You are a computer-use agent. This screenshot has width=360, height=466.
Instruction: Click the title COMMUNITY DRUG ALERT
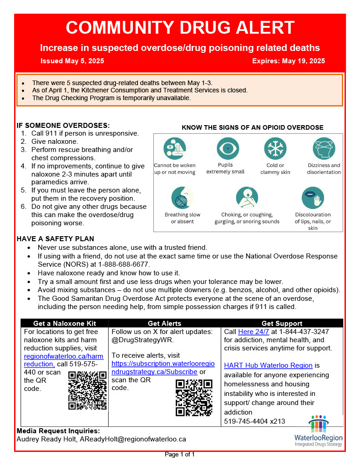pyautogui.click(x=180, y=28)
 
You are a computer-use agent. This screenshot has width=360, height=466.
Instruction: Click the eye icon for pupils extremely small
pyautogui.click(x=225, y=148)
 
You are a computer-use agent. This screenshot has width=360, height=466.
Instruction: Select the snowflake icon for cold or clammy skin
pyautogui.click(x=275, y=148)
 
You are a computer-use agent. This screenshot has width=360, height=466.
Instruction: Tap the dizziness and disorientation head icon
pyautogui.click(x=324, y=148)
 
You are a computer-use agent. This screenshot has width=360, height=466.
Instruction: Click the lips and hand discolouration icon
pyautogui.click(x=313, y=198)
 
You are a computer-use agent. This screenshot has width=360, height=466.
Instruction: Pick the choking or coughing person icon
pyautogui.click(x=247, y=198)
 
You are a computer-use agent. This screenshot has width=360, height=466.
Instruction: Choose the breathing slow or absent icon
pyautogui.click(x=182, y=198)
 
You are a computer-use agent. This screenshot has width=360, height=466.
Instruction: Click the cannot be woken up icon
pyautogui.click(x=174, y=148)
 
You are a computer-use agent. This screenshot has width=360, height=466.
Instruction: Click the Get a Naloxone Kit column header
pyautogui.click(x=65, y=323)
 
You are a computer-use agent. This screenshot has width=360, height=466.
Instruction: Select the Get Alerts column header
pyautogui.click(x=164, y=323)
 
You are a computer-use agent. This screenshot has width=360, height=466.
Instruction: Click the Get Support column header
pyautogui.click(x=282, y=323)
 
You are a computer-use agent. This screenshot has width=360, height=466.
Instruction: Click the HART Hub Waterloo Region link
pyautogui.click(x=268, y=365)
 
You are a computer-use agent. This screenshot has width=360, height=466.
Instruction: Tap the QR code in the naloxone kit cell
pyautogui.click(x=87, y=390)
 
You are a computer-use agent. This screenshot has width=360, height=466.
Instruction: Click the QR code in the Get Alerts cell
pyautogui.click(x=194, y=397)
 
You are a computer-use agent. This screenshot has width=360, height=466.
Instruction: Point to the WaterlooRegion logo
pyautogui.click(x=318, y=431)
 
